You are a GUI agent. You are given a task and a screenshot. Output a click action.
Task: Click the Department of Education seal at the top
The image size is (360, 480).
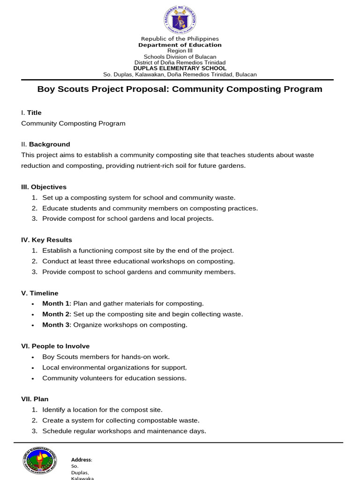point(180,19)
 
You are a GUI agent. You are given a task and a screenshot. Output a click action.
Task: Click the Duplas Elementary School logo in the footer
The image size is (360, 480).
point(40,460)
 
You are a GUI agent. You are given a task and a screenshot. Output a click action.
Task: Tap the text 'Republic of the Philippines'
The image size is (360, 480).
point(180,38)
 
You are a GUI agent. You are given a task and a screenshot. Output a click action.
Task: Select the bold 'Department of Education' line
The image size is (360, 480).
point(180,45)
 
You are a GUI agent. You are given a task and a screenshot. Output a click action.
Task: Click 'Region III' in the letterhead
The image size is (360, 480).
point(180,51)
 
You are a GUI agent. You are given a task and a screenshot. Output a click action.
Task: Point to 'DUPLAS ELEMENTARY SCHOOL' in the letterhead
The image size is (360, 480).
point(180,68)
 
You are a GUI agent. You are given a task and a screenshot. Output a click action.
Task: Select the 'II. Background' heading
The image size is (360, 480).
point(45,144)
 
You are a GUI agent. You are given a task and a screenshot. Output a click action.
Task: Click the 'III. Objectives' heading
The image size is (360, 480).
point(44,187)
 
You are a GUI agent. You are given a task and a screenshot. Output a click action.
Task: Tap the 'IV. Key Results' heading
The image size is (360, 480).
point(46,240)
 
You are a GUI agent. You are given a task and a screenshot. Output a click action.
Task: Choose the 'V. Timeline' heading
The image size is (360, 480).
point(40,293)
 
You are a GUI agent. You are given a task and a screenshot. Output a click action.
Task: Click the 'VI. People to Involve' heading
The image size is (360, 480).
point(55,346)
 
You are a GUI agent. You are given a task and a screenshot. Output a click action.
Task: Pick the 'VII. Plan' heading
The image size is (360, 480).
point(35,399)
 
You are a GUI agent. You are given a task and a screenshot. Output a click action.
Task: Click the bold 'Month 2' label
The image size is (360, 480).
point(56,314)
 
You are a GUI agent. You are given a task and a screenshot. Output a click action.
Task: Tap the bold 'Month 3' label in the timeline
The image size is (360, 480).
point(56,325)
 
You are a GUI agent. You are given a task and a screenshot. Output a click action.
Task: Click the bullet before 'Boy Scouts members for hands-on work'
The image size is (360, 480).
point(32,357)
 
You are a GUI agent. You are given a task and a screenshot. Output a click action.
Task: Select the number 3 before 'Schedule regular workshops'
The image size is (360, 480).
point(34,431)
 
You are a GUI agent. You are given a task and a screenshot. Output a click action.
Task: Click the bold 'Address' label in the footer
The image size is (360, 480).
point(81,460)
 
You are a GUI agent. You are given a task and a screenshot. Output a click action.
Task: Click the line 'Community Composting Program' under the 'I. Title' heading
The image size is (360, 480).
point(73,124)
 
